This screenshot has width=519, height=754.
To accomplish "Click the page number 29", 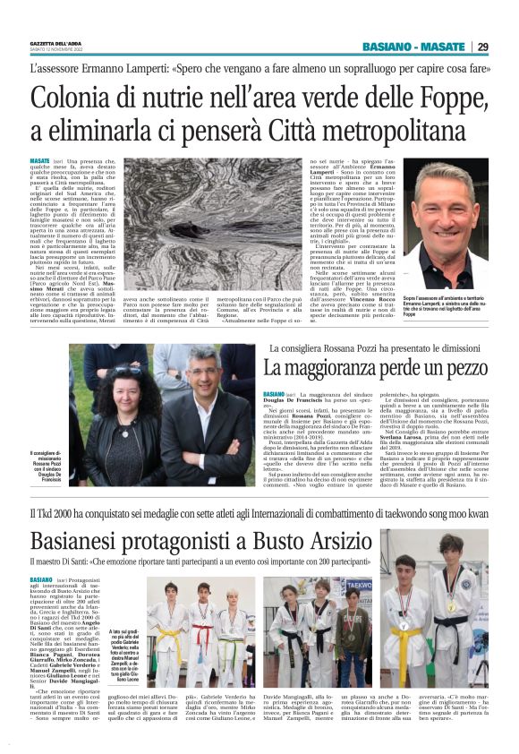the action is (483, 47).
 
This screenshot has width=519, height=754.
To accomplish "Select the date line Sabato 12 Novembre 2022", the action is (56, 50).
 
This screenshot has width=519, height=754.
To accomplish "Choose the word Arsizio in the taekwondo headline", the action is (332, 541).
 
